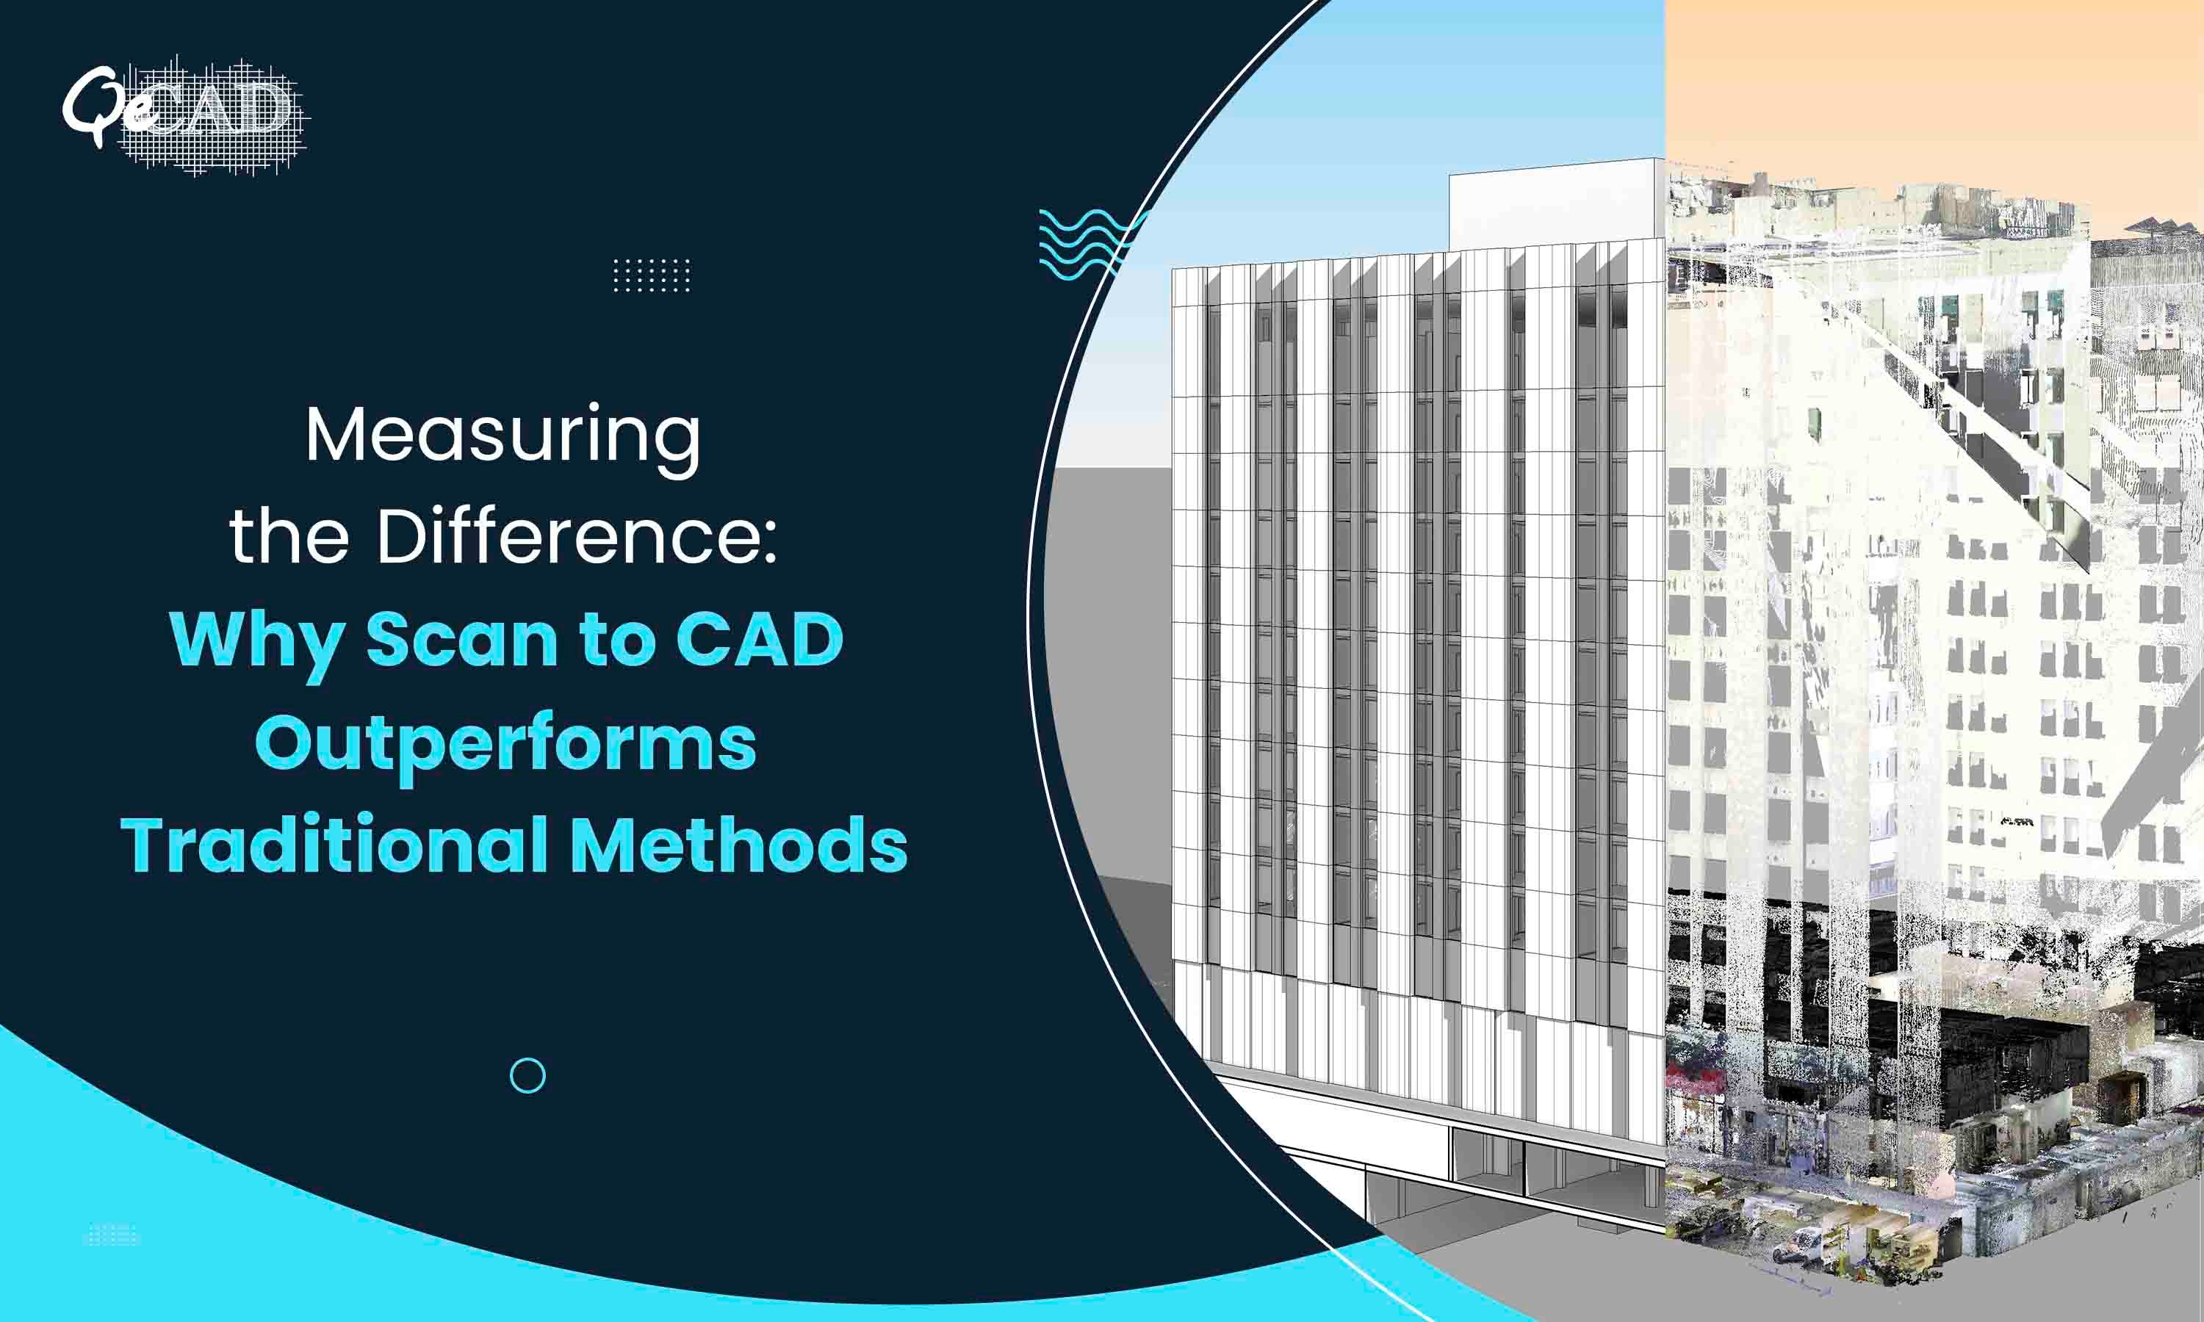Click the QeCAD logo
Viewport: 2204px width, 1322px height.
pos(185,116)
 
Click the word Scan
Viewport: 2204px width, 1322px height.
pos(461,640)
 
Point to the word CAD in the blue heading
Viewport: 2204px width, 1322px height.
pos(759,640)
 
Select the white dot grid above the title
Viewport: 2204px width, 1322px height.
pos(651,275)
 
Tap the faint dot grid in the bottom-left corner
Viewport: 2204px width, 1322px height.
pos(112,1235)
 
